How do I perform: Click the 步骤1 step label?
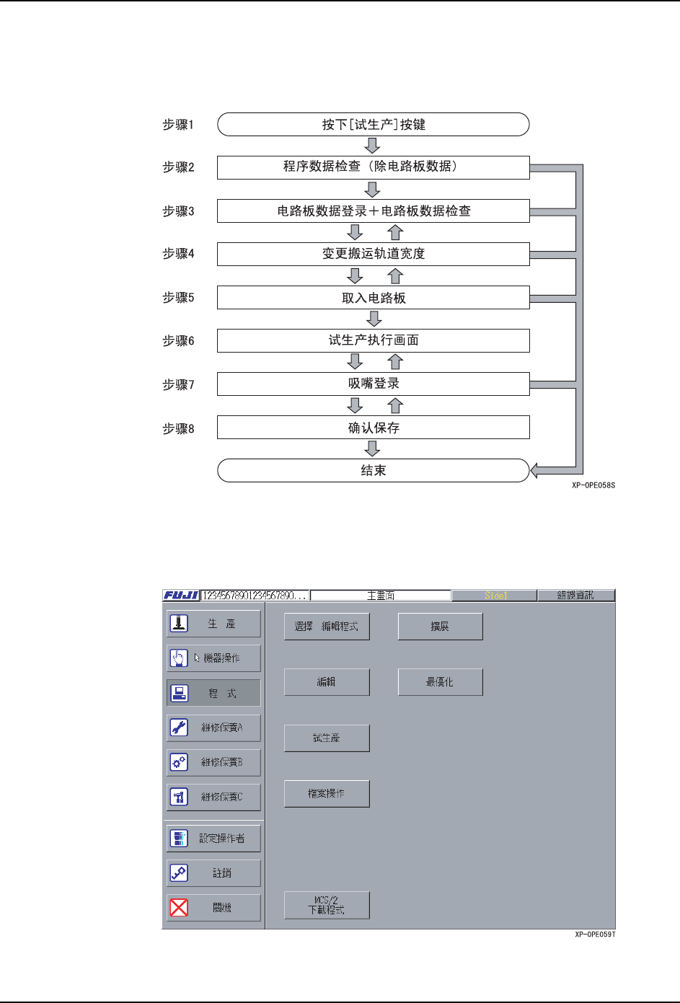pos(178,125)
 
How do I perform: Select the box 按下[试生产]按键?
pos(373,125)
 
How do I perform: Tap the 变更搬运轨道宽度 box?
pos(373,254)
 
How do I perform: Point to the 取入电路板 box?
pos(373,298)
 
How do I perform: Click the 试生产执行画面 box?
pos(373,340)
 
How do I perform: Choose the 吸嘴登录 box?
pos(373,384)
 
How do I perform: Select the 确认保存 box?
pos(373,428)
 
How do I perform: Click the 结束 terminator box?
pos(373,471)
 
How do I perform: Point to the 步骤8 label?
pos(178,429)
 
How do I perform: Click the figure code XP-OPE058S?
pos(593,485)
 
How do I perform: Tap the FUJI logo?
pos(181,596)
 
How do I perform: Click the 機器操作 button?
pos(213,658)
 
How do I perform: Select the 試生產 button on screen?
pos(327,738)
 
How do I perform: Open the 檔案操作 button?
pos(327,794)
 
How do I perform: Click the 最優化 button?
pos(440,682)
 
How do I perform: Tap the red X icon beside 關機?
pos(179,908)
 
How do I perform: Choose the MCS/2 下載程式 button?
pos(327,906)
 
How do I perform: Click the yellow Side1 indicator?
pos(495,596)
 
